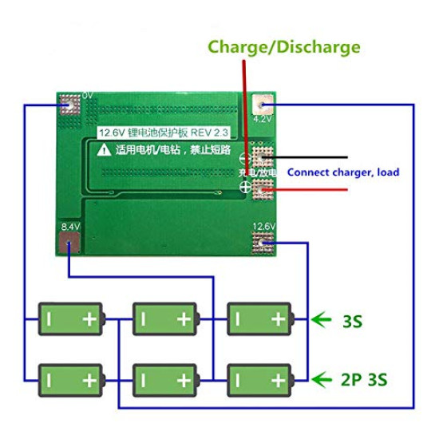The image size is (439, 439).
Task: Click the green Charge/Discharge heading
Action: (x=283, y=47)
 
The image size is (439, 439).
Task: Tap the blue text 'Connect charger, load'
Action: (x=343, y=172)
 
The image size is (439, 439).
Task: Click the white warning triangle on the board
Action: (x=105, y=149)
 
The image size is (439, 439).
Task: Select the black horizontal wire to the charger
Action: (x=311, y=158)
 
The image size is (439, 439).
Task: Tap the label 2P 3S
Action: (x=363, y=378)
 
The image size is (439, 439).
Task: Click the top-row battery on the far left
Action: (x=72, y=319)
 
